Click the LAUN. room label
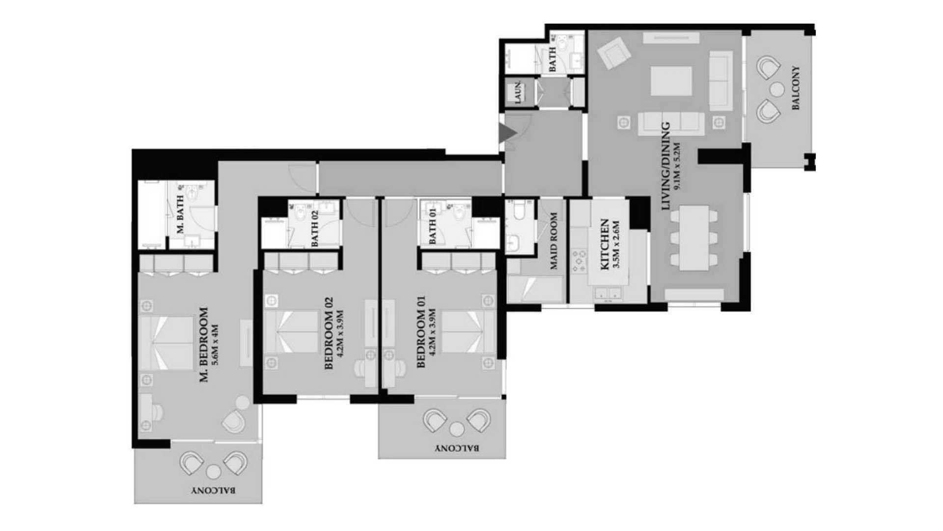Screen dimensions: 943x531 (x=518, y=92)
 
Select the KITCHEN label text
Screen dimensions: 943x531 (x=605, y=244)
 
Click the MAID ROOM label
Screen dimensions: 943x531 (x=554, y=241)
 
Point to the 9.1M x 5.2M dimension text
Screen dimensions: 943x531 (x=678, y=166)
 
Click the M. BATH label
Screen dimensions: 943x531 (x=180, y=214)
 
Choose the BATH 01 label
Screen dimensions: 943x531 (x=433, y=226)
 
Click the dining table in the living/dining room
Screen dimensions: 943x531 (x=694, y=238)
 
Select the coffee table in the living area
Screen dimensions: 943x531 (x=671, y=81)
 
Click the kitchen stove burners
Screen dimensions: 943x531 (x=580, y=261)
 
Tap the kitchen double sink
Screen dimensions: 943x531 (x=608, y=294)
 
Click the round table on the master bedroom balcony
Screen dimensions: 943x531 (x=213, y=472)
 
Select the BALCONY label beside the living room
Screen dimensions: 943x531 (x=796, y=88)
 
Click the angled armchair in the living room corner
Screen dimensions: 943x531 (x=613, y=54)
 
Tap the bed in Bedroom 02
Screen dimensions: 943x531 (x=291, y=331)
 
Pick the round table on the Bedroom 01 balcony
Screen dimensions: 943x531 (x=457, y=430)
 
